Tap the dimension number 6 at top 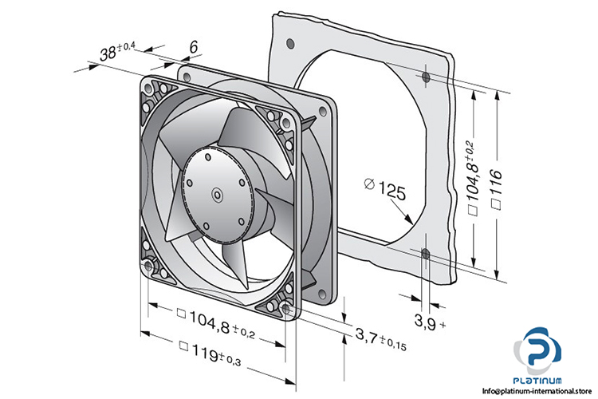191,47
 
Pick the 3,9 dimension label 426,322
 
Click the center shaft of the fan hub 216,193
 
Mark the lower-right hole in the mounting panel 425,255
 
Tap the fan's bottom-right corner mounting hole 286,307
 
